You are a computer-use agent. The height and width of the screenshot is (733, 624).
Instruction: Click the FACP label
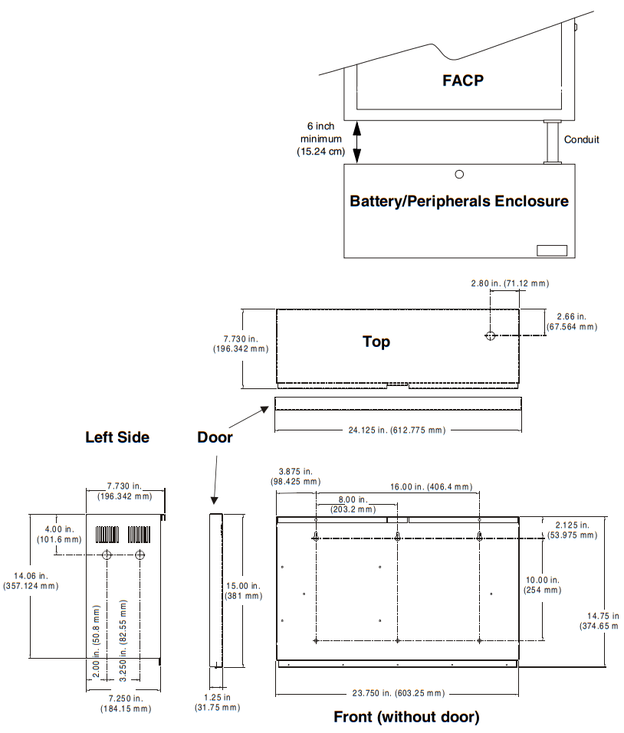[x=463, y=80]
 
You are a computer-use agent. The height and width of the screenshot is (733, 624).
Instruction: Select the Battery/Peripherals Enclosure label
[x=459, y=201]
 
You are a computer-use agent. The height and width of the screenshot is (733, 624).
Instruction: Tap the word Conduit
[x=582, y=139]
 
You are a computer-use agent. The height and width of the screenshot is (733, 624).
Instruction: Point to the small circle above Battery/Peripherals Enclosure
[x=459, y=175]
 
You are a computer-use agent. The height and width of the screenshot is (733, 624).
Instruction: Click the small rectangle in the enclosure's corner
[x=551, y=250]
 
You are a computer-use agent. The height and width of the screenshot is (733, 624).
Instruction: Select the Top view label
[x=376, y=342]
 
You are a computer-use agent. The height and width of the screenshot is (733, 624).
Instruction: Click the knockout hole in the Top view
[x=491, y=335]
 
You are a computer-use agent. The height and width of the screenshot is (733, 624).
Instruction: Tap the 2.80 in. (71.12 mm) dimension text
[x=510, y=283]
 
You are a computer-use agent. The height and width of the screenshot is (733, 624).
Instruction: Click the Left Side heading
[x=117, y=437]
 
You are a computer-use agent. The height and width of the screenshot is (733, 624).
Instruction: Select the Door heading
[x=215, y=437]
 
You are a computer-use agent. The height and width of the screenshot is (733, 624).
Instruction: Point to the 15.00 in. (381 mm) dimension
[x=243, y=590]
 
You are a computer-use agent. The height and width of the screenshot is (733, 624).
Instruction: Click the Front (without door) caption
[x=406, y=718]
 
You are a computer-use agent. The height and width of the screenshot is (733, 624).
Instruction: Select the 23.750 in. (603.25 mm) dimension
[x=398, y=693]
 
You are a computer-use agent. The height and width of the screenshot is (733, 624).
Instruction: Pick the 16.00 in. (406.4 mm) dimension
[x=431, y=486]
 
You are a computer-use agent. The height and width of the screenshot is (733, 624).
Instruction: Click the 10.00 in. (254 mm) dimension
[x=543, y=585]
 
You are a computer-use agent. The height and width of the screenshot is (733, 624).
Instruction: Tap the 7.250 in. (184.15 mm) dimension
[x=125, y=703]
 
